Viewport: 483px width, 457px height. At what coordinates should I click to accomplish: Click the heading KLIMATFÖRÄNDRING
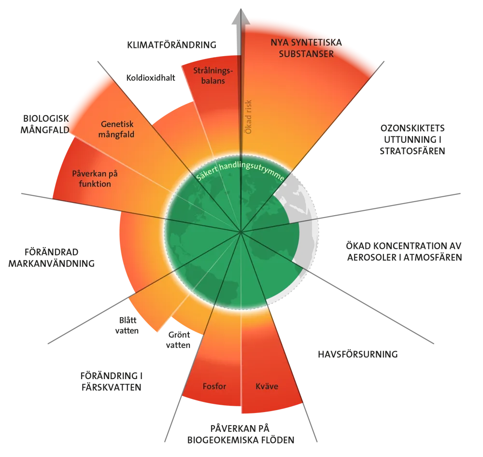click(171, 45)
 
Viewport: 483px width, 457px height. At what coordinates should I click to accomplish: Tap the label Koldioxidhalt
click(151, 78)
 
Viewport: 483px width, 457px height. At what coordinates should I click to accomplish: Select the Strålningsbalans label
click(213, 75)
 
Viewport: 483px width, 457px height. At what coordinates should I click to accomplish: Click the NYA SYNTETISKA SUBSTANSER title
click(306, 48)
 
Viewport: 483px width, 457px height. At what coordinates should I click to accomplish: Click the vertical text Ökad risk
click(248, 117)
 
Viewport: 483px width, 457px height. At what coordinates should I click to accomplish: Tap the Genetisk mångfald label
click(117, 129)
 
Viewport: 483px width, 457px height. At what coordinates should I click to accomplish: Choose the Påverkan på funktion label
click(95, 179)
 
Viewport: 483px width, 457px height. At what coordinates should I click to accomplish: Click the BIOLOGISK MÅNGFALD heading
click(45, 124)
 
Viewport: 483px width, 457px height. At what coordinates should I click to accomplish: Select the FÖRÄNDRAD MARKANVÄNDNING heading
click(52, 258)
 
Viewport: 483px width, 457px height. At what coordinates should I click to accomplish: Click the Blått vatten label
click(127, 325)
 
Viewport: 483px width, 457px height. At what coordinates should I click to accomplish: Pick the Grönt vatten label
click(178, 340)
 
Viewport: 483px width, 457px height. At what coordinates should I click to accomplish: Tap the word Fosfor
click(214, 386)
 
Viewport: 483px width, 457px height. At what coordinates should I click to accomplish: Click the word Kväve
click(267, 386)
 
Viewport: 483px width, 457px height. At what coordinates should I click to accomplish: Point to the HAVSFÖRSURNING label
click(357, 354)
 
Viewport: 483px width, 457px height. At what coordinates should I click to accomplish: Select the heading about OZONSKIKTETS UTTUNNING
click(412, 140)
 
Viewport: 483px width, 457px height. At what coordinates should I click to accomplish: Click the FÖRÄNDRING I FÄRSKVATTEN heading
click(112, 382)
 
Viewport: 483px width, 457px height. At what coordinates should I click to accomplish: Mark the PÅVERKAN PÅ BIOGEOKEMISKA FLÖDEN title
click(241, 434)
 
